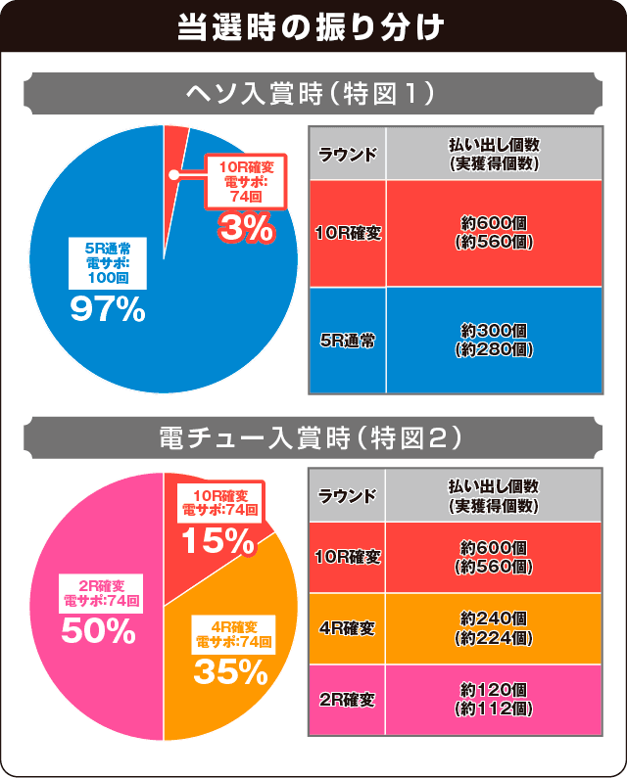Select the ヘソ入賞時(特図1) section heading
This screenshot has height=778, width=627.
313,95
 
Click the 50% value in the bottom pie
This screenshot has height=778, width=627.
98,631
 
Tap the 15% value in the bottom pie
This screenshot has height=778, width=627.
219,538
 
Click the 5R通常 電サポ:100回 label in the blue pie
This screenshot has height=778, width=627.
108,264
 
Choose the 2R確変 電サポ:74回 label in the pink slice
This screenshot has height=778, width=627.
101,594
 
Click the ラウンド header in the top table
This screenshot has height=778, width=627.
348,154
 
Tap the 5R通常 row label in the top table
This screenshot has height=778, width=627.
348,341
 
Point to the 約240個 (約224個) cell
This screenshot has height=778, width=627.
495,628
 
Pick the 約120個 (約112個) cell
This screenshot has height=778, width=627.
495,701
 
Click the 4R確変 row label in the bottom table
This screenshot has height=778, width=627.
348,628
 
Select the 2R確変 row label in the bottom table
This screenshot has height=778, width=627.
348,701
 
